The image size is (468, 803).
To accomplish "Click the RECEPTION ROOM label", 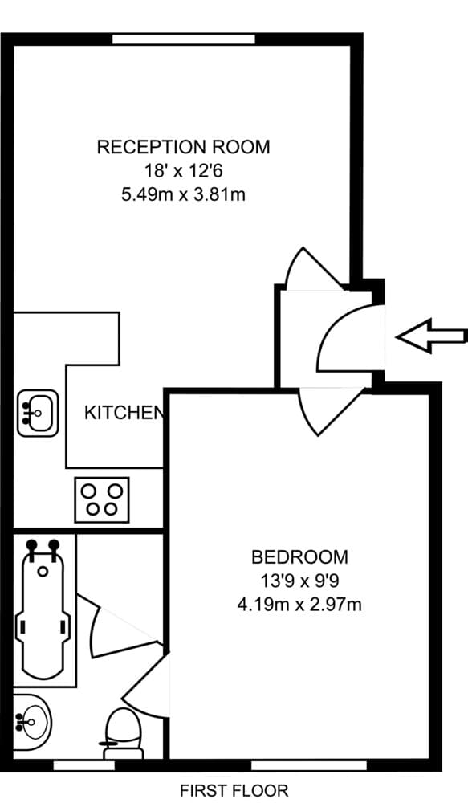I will pos(183,147).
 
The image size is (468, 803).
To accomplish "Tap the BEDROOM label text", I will pos(299,556).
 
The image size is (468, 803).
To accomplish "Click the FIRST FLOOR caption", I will pos(234,790).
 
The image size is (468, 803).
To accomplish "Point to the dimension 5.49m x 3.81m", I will pos(183,194).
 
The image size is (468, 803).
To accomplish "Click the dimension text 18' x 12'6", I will pos(183,170).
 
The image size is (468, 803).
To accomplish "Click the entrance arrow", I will pos(432,336).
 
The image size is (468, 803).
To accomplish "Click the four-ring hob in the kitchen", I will pos(102,498).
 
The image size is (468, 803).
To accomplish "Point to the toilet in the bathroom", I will pos(124,731).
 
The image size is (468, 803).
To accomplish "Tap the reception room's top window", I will pos(184,39).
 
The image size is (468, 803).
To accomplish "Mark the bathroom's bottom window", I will pos(84,765).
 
